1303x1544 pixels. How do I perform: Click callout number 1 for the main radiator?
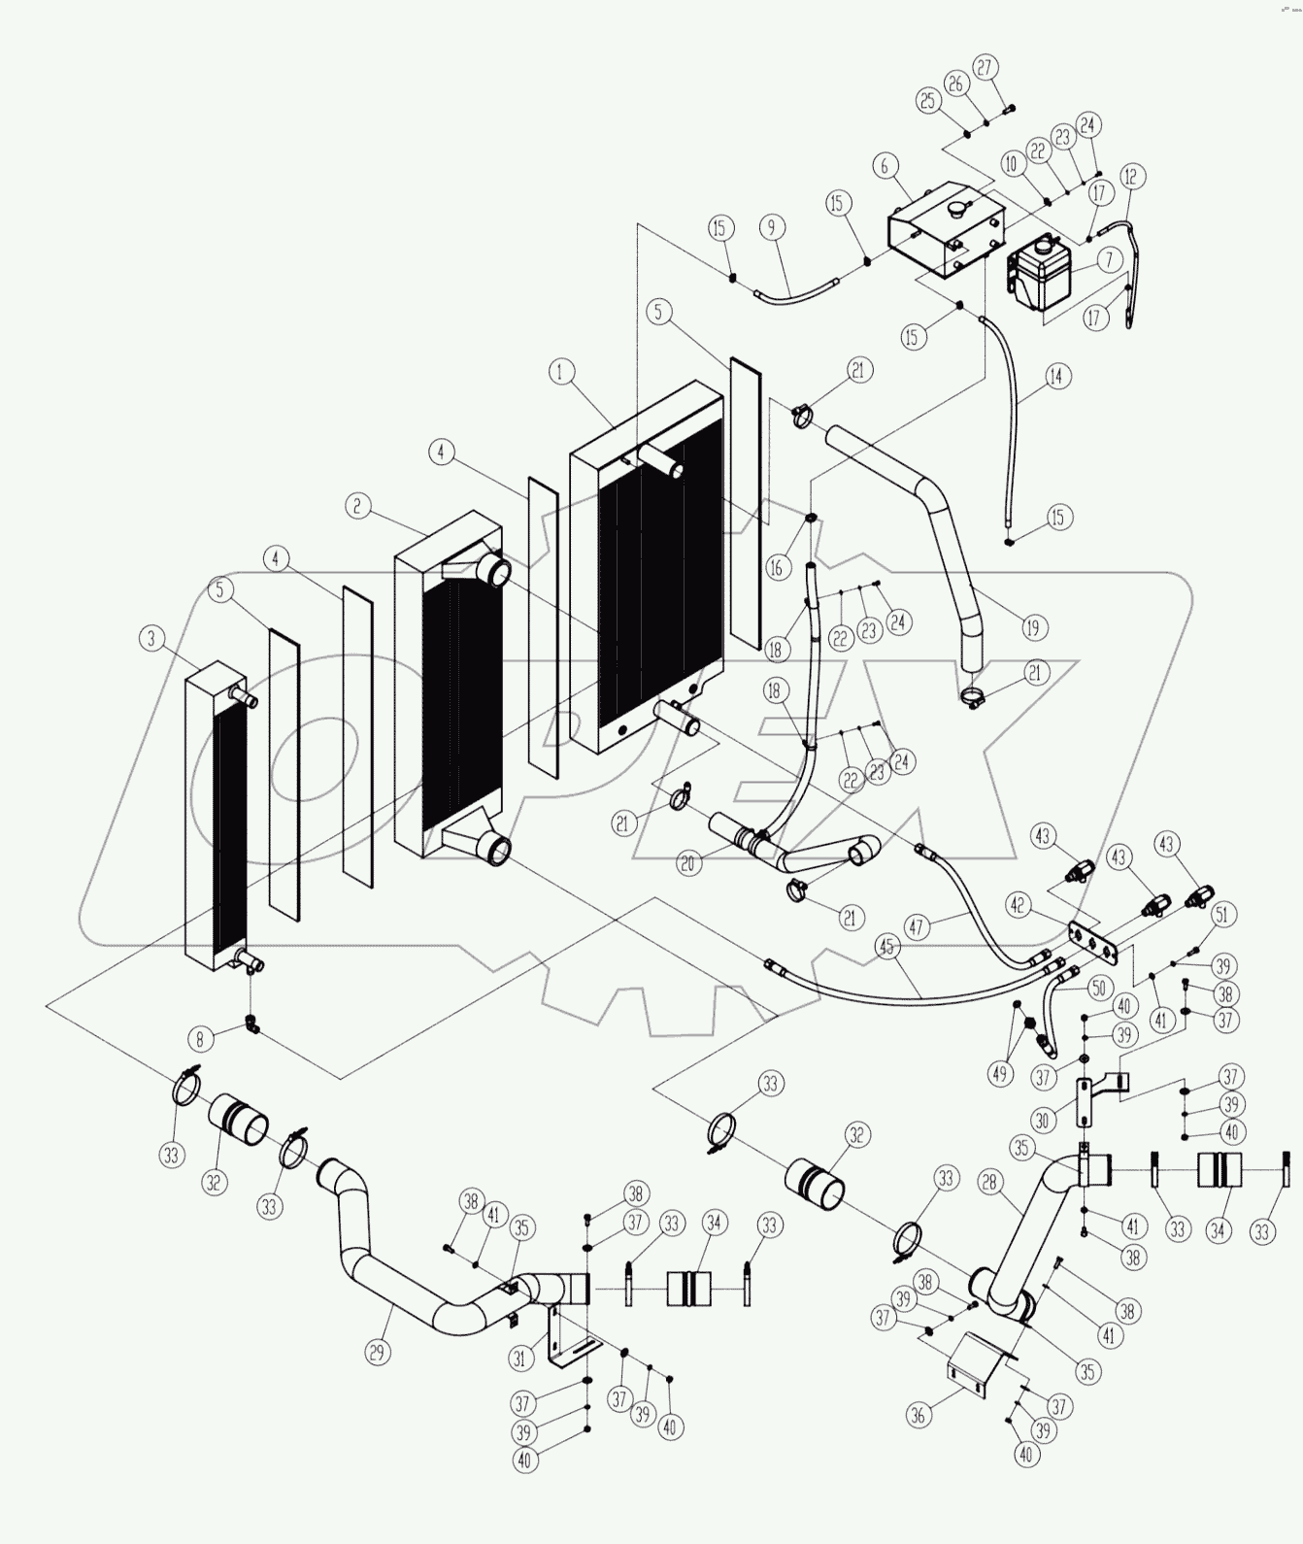tap(560, 371)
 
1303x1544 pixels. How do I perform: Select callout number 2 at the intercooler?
tap(357, 505)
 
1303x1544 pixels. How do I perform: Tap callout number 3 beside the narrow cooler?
tap(150, 638)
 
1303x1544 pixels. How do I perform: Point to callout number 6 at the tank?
tap(884, 166)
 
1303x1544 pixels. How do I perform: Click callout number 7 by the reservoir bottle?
tap(1107, 259)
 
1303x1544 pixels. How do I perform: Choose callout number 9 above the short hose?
tap(770, 228)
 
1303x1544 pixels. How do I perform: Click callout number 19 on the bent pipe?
tap(1031, 627)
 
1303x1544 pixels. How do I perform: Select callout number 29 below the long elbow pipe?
tap(377, 1350)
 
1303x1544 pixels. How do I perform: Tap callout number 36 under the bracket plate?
tap(918, 1416)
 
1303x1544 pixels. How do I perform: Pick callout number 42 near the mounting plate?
tap(1017, 904)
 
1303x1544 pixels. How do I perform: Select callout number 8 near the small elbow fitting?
tap(200, 1039)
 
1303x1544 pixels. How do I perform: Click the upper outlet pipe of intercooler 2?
tap(495, 569)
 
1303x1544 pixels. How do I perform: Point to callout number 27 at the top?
tap(986, 68)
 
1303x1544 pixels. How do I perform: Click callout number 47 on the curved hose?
tap(916, 925)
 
